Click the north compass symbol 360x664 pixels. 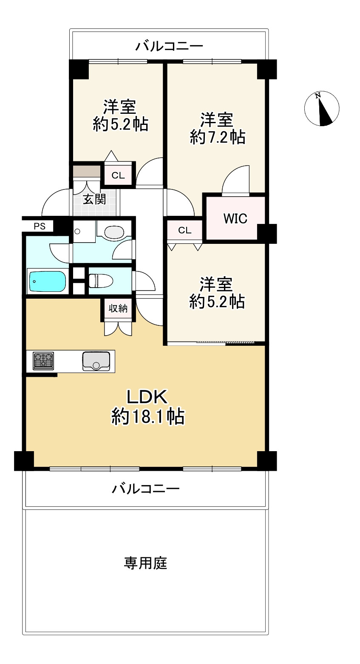click(x=322, y=109)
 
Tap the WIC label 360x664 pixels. click(x=235, y=218)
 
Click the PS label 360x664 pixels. click(x=40, y=226)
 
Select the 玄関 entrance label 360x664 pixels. click(x=94, y=199)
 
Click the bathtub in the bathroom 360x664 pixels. click(x=47, y=281)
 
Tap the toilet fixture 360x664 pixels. click(x=101, y=280)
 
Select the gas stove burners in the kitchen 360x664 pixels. click(x=43, y=361)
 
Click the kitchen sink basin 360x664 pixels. click(x=96, y=361)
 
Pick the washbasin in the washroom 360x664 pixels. click(x=114, y=232)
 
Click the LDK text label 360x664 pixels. click(x=147, y=397)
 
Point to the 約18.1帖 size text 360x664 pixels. click(x=147, y=417)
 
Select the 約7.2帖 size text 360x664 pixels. click(x=217, y=137)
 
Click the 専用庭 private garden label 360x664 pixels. click(x=145, y=563)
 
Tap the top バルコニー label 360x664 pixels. click(x=169, y=46)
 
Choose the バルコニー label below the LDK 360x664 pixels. click(x=145, y=489)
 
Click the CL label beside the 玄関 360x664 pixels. click(x=118, y=175)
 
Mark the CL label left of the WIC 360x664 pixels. click(x=184, y=230)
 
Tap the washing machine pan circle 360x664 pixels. click(x=77, y=231)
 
